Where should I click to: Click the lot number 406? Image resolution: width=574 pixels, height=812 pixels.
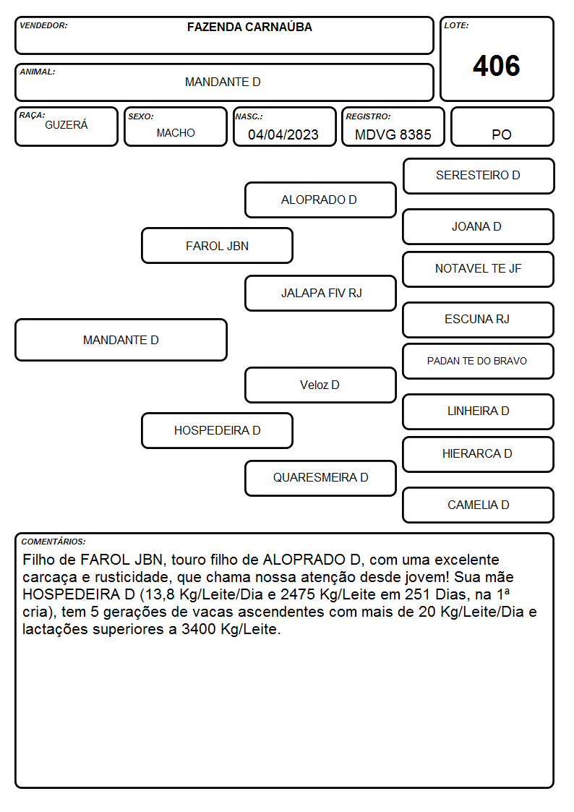[497, 66]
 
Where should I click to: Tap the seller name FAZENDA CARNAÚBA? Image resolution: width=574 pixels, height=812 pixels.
[249, 27]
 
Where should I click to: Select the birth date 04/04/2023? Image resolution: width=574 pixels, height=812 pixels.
[283, 134]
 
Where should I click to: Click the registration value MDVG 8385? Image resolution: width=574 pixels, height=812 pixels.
[393, 134]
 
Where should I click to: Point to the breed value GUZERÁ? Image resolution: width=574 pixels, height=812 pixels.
[67, 124]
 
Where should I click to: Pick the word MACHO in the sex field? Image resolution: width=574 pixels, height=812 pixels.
[176, 133]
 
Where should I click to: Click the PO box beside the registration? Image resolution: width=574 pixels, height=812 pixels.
[502, 127]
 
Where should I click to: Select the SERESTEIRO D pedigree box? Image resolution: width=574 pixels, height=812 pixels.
[479, 176]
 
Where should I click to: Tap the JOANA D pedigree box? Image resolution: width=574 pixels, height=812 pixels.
[479, 227]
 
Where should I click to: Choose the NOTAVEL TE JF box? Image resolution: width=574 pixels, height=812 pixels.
[479, 269]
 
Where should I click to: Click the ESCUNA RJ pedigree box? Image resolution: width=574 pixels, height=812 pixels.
[479, 320]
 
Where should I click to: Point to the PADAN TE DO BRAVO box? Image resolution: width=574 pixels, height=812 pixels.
[479, 362]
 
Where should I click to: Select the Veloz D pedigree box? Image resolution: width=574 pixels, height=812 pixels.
[320, 385]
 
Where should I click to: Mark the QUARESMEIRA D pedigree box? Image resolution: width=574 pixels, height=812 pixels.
[320, 479]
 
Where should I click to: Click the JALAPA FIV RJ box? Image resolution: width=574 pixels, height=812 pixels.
[320, 293]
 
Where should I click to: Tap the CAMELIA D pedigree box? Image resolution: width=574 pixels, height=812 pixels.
[479, 505]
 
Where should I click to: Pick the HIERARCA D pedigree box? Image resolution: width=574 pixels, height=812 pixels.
[479, 455]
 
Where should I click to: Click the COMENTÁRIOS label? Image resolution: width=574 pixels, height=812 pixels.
[53, 542]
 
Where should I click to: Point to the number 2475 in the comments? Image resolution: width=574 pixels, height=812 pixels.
[298, 594]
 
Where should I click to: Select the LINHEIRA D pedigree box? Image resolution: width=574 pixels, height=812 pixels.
[479, 411]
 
